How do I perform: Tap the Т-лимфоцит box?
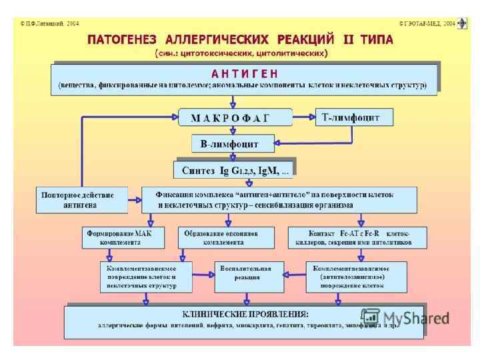353,117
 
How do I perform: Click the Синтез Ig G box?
233,171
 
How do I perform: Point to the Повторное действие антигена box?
81,200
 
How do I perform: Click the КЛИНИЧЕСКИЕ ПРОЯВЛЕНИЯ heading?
245,314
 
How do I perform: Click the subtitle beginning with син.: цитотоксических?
241,53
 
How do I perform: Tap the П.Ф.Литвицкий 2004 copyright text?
49,23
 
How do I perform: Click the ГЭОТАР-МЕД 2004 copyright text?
427,23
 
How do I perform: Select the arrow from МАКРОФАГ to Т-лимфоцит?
303,118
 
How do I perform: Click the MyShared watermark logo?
405,318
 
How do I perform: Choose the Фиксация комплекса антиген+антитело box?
279,200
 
